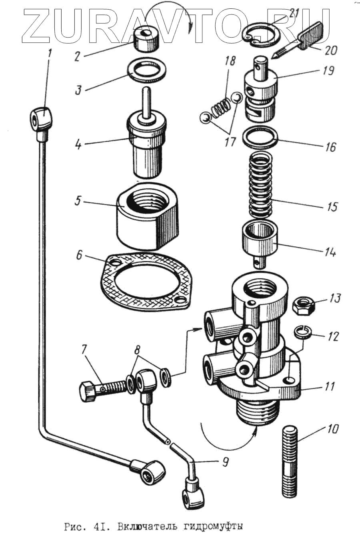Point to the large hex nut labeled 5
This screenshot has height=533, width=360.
[x=148, y=216]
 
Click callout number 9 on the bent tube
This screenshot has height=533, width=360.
[x=225, y=462]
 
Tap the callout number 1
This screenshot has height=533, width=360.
[x=50, y=53]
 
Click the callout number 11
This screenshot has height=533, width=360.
[x=329, y=387]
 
